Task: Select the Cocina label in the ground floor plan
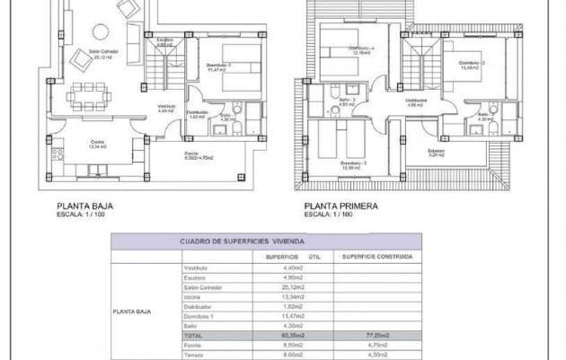click(x=94, y=144)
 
